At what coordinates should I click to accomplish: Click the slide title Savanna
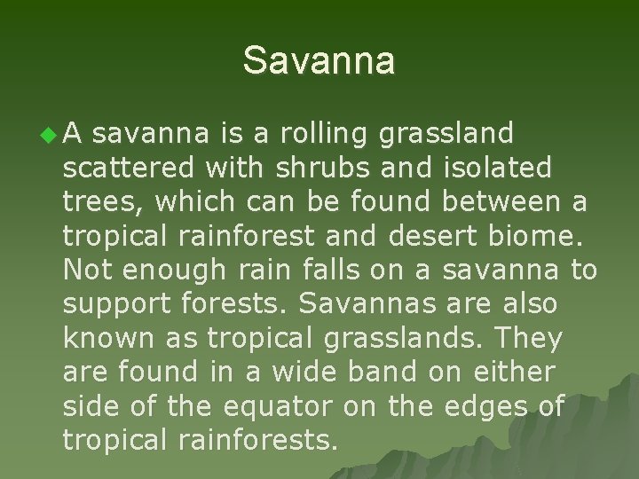[x=319, y=61]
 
